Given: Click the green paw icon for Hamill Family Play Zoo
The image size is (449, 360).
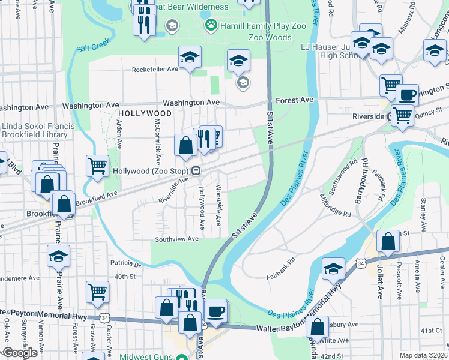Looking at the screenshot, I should coord(211,25).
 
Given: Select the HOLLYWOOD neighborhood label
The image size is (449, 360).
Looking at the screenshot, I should coord(145,113).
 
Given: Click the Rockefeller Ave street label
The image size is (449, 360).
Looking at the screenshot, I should coord(155,69).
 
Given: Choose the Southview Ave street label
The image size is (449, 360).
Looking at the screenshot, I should coord(176,239).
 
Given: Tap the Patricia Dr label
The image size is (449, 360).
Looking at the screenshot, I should coord(125,263).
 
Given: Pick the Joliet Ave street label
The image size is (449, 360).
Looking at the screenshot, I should coord(380,281).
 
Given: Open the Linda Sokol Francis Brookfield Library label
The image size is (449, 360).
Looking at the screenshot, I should coord(38,131).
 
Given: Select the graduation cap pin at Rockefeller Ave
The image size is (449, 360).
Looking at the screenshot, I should coord(190,58).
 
